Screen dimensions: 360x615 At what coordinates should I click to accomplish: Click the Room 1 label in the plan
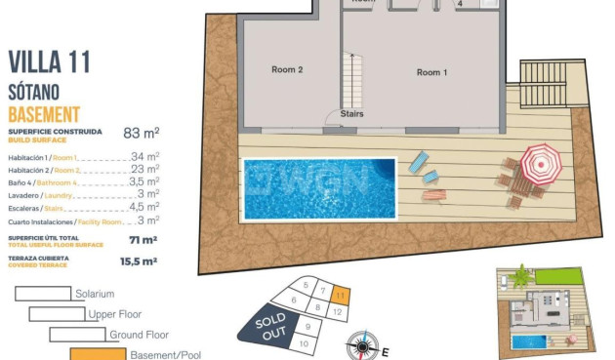click(x=430, y=72)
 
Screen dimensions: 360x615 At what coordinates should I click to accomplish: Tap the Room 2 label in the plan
click(x=287, y=70)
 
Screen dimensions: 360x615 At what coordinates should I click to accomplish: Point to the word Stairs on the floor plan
click(x=352, y=113)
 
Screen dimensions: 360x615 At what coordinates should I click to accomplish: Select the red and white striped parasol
click(x=540, y=162)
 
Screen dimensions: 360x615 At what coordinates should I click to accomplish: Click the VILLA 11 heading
click(x=49, y=62)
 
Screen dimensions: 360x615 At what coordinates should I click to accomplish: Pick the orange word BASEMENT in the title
click(x=44, y=114)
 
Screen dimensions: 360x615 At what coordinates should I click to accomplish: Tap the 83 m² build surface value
click(x=141, y=133)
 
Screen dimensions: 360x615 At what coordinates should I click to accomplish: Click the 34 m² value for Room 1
click(x=144, y=156)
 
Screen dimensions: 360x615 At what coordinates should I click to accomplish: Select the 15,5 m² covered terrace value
click(x=138, y=261)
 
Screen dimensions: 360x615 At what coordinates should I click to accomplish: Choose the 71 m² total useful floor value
click(x=143, y=239)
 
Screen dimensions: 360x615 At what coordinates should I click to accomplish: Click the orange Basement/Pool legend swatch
click(x=97, y=354)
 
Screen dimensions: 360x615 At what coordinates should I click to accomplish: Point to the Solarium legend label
click(x=95, y=294)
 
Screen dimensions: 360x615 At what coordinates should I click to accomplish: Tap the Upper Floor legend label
click(x=115, y=314)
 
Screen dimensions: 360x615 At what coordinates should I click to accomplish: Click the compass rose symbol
click(x=363, y=346)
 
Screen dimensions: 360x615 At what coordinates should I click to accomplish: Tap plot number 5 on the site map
click(x=306, y=286)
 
